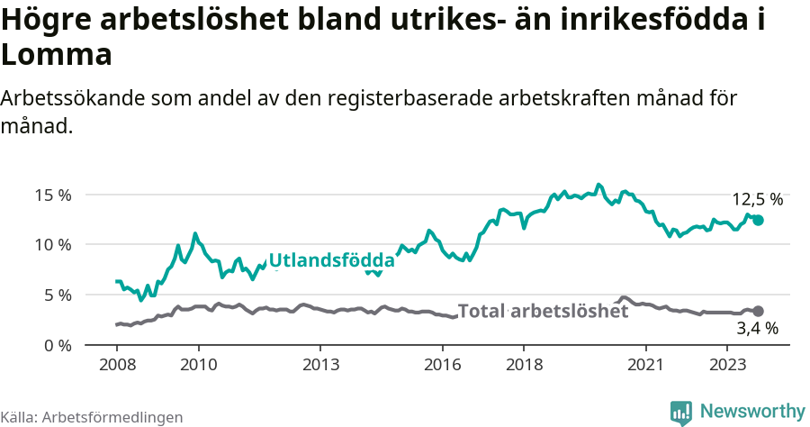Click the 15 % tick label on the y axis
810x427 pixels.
53,195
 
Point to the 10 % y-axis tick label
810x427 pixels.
53,244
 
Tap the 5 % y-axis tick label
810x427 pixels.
58,295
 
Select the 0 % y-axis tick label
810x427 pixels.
58,345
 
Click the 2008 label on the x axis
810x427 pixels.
117,365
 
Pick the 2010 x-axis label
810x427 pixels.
198,365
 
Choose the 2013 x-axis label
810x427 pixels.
320,365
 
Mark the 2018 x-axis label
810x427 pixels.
524,365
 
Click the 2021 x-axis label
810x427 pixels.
646,365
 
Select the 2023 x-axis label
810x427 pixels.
727,365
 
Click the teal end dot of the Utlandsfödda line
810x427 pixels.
758,220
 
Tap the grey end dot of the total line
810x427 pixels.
758,311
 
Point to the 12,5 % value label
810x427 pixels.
757,200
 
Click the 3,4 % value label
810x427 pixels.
757,329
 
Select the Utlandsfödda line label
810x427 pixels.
331,261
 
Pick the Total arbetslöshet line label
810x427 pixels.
544,312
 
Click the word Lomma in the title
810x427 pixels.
57,55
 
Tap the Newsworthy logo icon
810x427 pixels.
681,413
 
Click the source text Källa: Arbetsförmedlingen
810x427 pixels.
92,417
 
